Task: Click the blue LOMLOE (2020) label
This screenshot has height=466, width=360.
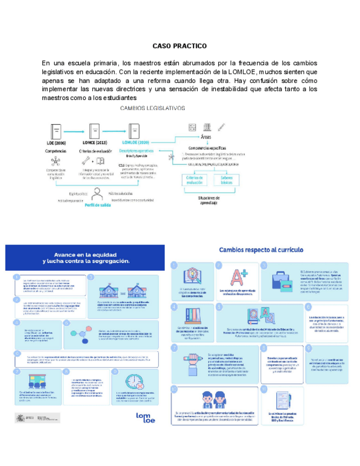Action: pyautogui.click(x=139, y=142)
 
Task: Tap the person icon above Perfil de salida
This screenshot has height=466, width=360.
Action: pyautogui.click(x=97, y=193)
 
